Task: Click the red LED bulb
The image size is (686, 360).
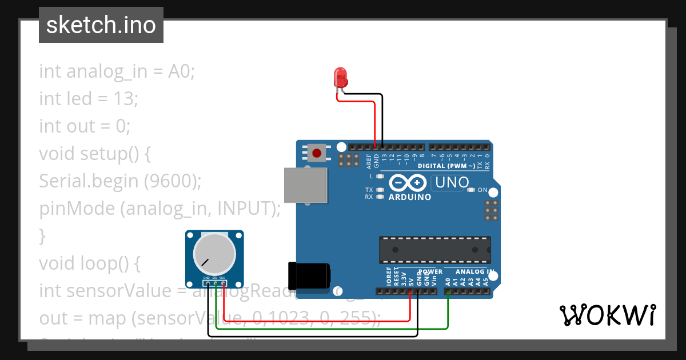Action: point(340,76)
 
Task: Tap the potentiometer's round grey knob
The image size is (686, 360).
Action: point(214,254)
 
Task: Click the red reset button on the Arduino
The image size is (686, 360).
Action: point(316,153)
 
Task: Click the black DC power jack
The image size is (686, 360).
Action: point(309,275)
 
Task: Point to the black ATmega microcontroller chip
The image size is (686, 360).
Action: point(434,250)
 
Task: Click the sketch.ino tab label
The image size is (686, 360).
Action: point(101,25)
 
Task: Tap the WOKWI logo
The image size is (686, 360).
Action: point(608,315)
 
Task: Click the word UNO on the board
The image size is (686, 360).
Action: point(452,183)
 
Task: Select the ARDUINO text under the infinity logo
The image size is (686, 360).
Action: point(410,197)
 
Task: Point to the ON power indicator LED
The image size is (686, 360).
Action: point(471,190)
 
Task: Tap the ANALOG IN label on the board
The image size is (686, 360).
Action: point(474,271)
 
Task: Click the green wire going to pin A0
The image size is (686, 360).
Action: point(448,311)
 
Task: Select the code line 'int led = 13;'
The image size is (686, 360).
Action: point(89,99)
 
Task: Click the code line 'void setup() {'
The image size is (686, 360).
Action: point(94,154)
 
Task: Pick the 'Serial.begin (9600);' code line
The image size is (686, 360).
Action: point(121,181)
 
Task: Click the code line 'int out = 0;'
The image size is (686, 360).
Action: point(85,126)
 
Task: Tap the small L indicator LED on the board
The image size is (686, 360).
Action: point(380,177)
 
